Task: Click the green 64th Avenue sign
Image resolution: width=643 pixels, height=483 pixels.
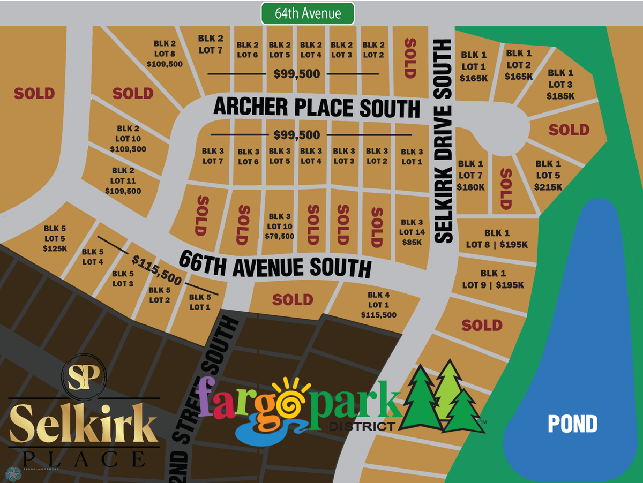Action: [308, 13]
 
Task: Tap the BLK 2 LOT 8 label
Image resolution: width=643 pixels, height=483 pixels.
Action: [165, 54]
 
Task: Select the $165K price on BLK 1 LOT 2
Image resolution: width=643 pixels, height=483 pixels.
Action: [519, 76]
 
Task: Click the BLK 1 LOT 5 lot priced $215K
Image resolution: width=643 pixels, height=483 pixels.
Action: [548, 176]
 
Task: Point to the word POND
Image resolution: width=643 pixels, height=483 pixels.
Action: [572, 424]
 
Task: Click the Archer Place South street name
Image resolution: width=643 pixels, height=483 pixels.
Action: [316, 108]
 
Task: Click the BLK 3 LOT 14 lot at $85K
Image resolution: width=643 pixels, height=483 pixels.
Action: [412, 232]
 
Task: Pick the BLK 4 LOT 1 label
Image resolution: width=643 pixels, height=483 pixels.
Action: [379, 305]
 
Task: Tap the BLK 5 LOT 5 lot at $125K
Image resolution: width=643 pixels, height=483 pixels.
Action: [55, 238]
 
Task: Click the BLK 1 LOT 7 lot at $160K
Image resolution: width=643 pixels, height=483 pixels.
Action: [471, 175]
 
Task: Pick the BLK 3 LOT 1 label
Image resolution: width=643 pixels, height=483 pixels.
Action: [412, 156]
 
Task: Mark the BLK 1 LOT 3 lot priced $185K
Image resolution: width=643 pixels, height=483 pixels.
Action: [560, 84]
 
